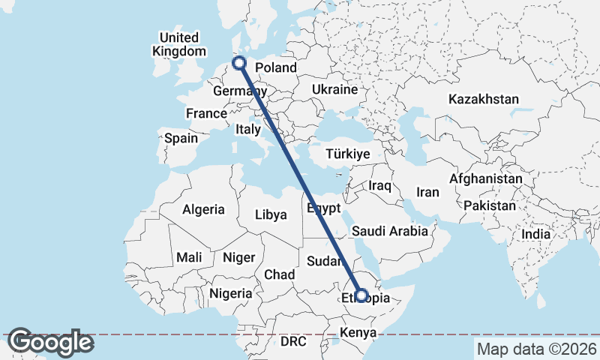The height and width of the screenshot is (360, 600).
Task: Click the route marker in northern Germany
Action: click(240, 64)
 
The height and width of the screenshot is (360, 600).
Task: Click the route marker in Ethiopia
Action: click(361, 295)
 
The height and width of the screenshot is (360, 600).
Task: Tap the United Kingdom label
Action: click(178, 44)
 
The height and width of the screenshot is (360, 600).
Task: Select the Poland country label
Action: click(276, 67)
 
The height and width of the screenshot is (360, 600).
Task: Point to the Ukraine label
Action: click(334, 89)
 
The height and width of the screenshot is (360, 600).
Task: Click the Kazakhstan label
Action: click(484, 99)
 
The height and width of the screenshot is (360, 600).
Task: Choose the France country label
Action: click(206, 113)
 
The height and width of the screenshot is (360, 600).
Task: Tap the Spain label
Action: click(181, 138)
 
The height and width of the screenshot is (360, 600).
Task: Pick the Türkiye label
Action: click(349, 154)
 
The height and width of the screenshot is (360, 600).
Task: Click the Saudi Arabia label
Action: click(389, 231)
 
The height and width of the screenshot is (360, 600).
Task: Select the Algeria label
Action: click(203, 209)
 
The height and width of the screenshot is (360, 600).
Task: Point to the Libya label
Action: click(271, 214)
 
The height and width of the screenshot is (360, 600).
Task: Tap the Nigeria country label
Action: click(230, 293)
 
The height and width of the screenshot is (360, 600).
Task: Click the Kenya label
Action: click(358, 332)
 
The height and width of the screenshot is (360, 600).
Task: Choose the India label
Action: click(535, 234)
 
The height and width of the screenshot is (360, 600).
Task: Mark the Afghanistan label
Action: click(485, 179)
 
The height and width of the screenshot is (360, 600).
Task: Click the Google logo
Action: click(50, 342)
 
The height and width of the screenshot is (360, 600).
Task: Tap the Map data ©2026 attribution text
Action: click(536, 349)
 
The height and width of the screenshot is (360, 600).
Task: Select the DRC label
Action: click(294, 341)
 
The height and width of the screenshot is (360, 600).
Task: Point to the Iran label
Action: click(427, 192)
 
